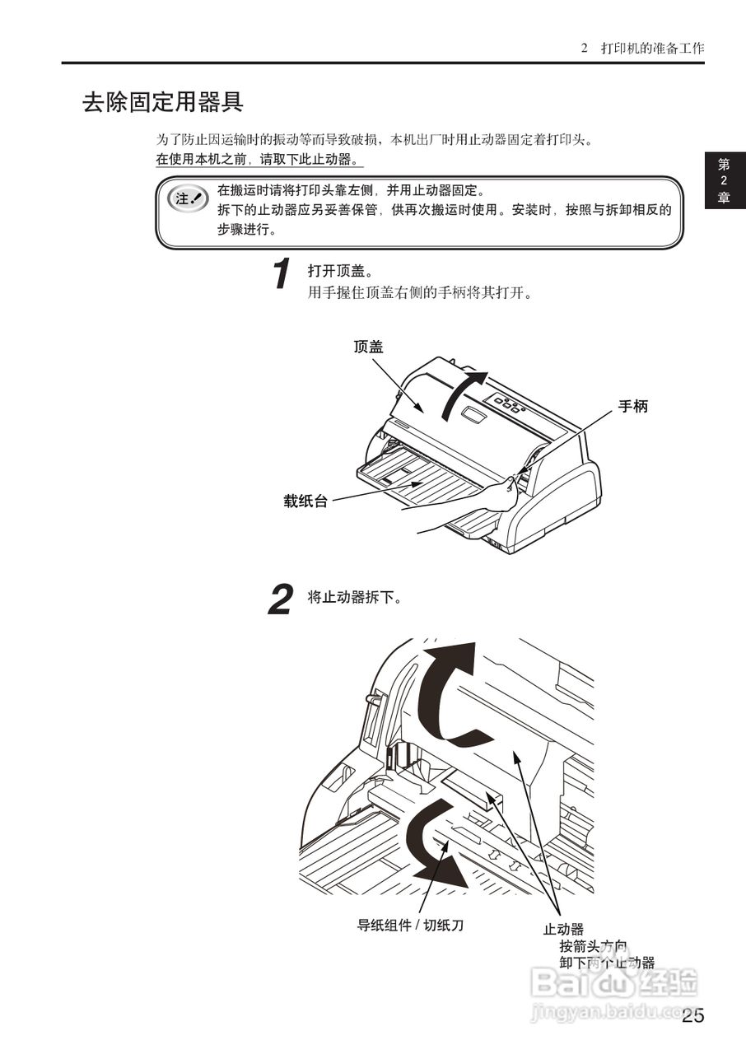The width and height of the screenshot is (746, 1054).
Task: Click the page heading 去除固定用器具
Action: click(x=162, y=102)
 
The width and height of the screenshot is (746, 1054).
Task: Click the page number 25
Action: click(x=693, y=1015)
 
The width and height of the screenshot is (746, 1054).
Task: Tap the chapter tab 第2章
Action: click(x=724, y=181)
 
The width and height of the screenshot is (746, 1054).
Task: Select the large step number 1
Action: click(x=282, y=274)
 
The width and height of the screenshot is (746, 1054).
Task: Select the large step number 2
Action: click(x=281, y=599)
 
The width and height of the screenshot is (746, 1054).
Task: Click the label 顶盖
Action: click(x=368, y=347)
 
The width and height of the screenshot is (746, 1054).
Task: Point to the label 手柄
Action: click(x=633, y=406)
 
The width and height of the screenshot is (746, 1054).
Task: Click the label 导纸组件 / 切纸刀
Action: click(x=410, y=925)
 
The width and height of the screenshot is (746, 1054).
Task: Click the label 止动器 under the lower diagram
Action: click(x=563, y=929)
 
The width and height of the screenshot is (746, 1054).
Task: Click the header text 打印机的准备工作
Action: click(x=652, y=48)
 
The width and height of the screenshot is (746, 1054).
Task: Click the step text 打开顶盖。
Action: click(x=341, y=271)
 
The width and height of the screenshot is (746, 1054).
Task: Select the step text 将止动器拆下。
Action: click(x=355, y=597)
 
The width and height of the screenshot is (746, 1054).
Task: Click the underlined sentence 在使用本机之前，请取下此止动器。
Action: click(x=259, y=159)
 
